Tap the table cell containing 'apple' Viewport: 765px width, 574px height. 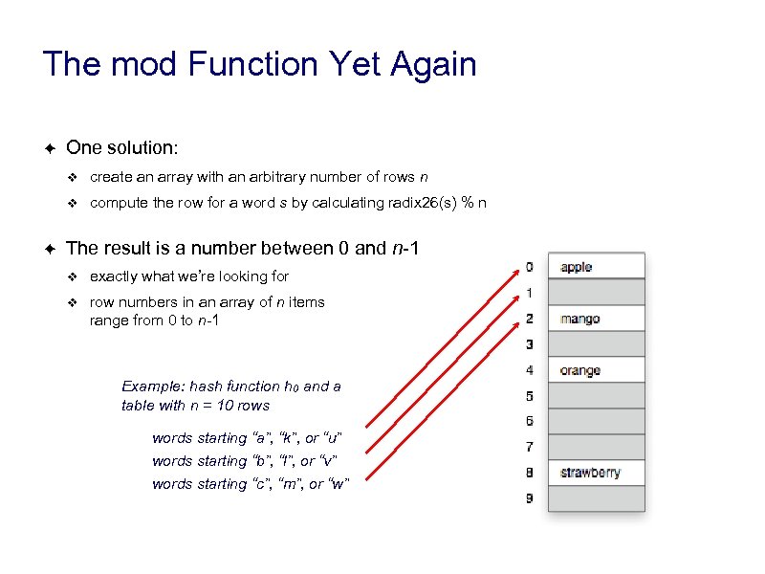point(597,267)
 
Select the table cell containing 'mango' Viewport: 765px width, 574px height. point(597,319)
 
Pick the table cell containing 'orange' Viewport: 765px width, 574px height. point(597,370)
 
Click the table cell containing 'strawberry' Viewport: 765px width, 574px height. point(597,473)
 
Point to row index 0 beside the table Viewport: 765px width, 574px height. point(530,267)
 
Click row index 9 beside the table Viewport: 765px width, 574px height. point(530,498)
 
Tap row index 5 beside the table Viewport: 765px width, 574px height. point(530,396)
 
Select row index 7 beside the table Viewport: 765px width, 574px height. point(530,447)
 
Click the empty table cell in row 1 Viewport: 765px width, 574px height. point(597,293)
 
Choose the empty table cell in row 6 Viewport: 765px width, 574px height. point(597,422)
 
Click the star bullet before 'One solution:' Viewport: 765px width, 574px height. point(50,148)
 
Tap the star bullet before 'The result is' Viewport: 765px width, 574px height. point(50,249)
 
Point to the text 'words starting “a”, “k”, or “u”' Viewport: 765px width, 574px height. point(247,438)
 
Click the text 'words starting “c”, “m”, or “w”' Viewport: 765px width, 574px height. point(251,484)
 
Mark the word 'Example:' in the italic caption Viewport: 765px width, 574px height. point(153,386)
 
